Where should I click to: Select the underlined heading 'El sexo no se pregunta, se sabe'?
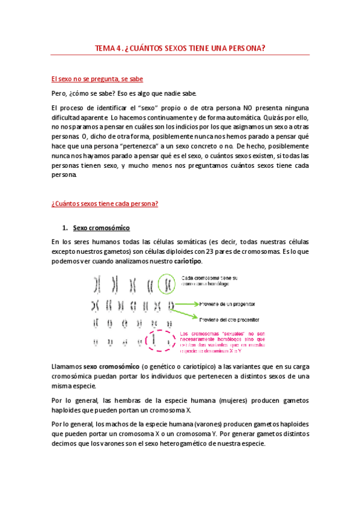97,79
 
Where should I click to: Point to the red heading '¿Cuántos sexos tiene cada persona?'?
105,203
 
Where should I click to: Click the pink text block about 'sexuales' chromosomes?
222,342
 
